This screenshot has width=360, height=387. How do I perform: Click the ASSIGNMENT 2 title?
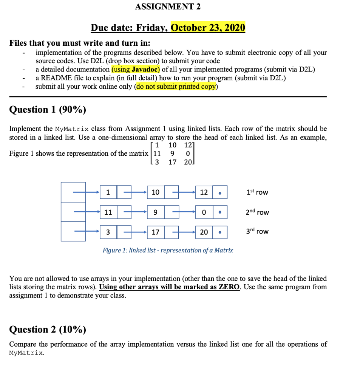[x=168, y=7]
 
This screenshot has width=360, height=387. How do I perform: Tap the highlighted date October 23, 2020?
[x=208, y=28]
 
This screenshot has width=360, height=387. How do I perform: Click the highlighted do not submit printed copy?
[x=176, y=87]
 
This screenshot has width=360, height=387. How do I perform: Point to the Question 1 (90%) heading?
[x=47, y=110]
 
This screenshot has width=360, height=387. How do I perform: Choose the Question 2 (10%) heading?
[x=47, y=330]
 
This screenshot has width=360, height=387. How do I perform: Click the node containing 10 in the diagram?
[x=155, y=192]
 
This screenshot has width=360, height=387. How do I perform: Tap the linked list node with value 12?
[x=204, y=192]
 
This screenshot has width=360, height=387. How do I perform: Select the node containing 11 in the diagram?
[x=108, y=212]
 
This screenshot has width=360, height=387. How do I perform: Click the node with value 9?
[x=155, y=212]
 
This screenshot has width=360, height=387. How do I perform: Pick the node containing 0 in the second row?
[x=204, y=212]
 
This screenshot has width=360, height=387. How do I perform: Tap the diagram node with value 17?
[x=155, y=232]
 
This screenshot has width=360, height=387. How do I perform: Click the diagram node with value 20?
[x=204, y=232]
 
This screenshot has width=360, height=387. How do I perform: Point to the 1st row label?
[x=257, y=192]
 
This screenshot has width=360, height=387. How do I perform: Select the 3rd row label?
[x=257, y=231]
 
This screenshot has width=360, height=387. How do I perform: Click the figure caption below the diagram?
[x=168, y=250]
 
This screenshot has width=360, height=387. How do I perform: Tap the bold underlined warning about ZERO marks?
[x=169, y=287]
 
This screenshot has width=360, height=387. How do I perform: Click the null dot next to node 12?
[x=220, y=192]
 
